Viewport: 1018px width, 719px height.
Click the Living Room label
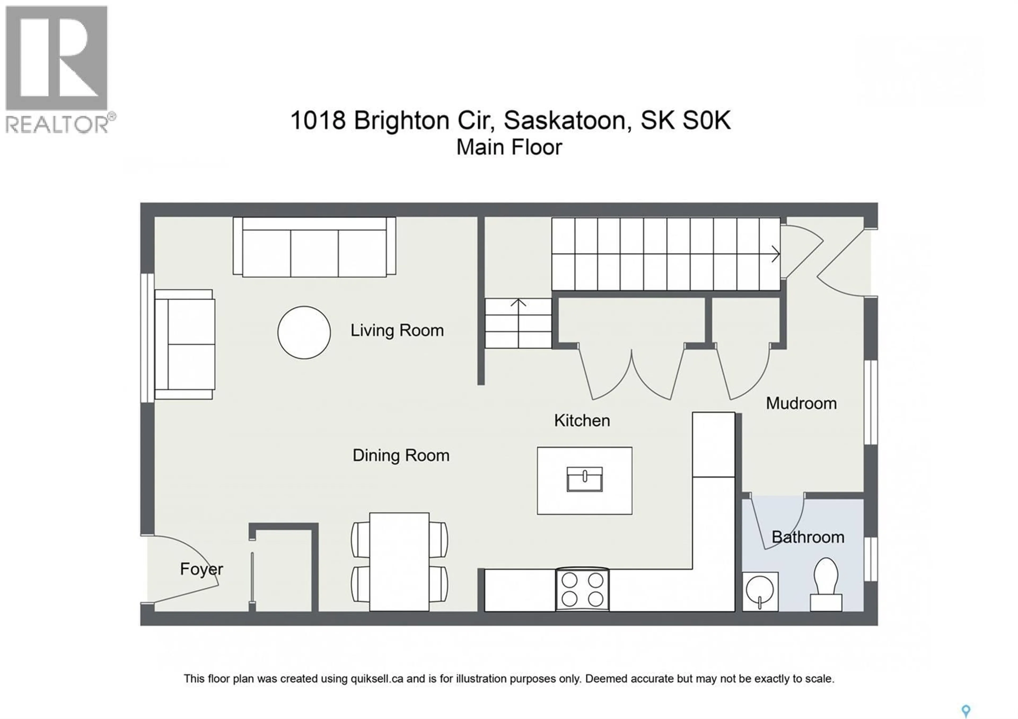pyautogui.click(x=397, y=331)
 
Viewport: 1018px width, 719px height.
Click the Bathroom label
pyautogui.click(x=808, y=537)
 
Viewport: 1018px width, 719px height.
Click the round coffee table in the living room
pyautogui.click(x=304, y=332)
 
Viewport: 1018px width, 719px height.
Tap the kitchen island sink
pyautogui.click(x=584, y=479)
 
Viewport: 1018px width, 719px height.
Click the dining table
pyautogui.click(x=399, y=561)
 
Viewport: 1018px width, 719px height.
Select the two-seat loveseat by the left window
pyautogui.click(x=185, y=344)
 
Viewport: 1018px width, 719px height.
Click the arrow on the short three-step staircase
pyautogui.click(x=518, y=303)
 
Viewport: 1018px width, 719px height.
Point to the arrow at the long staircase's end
pyautogui.click(x=775, y=254)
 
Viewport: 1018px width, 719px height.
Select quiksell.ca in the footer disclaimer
pyautogui.click(x=377, y=679)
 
